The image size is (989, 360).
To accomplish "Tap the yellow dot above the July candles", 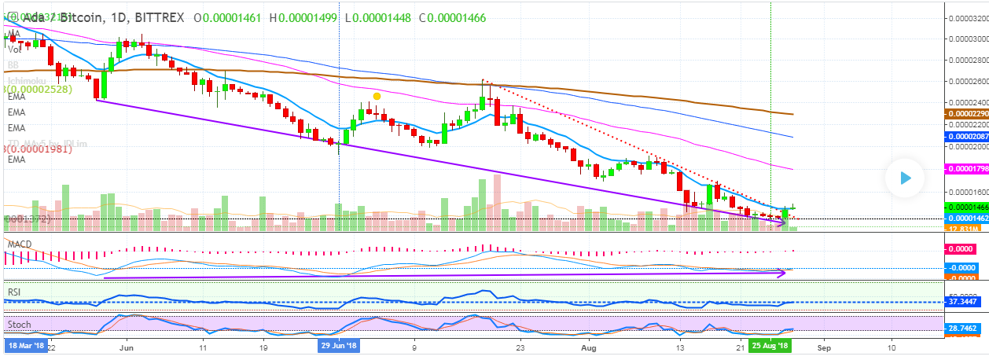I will (377, 96).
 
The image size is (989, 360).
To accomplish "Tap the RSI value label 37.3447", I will (964, 302).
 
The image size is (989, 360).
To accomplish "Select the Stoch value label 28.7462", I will (964, 327).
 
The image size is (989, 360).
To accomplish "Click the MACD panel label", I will (19, 244).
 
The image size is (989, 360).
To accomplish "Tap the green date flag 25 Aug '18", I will (770, 345).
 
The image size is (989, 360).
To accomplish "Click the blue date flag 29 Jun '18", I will (339, 345).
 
